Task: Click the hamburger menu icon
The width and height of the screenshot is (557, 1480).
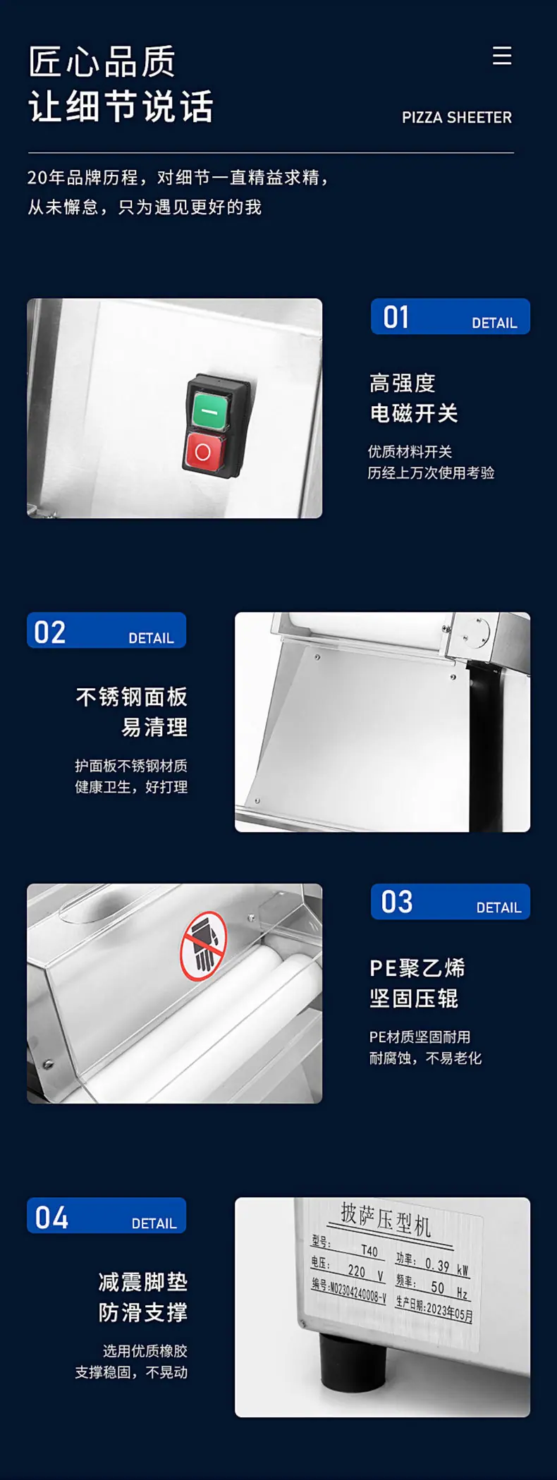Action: [x=502, y=56]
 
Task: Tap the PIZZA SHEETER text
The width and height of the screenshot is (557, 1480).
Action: [x=457, y=118]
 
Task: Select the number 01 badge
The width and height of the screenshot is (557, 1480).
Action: [x=451, y=317]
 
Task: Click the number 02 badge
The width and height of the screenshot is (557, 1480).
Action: [x=106, y=630]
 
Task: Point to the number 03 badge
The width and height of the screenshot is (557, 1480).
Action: [x=451, y=902]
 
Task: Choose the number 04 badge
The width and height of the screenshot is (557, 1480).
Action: [x=106, y=1216]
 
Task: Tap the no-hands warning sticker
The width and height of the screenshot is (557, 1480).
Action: [x=203, y=946]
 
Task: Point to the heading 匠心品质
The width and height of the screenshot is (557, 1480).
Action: [x=102, y=62]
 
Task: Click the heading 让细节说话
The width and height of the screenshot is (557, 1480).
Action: [x=121, y=106]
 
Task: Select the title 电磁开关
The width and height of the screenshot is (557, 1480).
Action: [x=414, y=413]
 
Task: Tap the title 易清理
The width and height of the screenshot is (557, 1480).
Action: [x=154, y=727]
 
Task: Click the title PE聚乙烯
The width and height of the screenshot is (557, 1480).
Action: [x=417, y=968]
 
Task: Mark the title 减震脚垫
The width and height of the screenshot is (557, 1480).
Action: [x=143, y=1282]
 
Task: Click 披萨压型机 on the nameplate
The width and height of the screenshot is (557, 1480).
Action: [x=386, y=1219]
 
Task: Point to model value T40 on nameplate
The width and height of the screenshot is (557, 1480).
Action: [x=369, y=1250]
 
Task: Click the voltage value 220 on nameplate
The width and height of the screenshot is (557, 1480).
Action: [x=357, y=1271]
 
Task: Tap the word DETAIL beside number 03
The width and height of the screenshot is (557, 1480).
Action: [x=499, y=908]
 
